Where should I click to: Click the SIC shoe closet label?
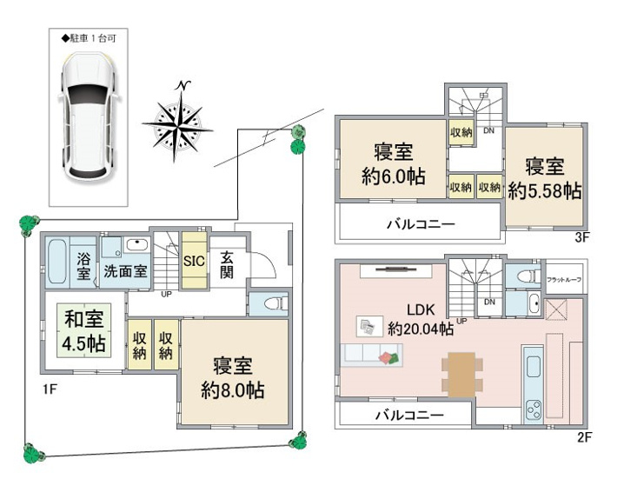[x=194, y=261]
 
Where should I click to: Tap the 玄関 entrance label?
[x=227, y=265]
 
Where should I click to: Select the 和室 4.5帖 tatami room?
[x=84, y=330]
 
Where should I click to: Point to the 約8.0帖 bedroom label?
[x=232, y=377]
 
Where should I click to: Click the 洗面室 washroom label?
[x=125, y=271]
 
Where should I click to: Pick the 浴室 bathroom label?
[x=83, y=266]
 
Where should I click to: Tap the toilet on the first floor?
[x=275, y=304]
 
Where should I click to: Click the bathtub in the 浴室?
[x=56, y=262]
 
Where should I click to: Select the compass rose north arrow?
[x=177, y=122]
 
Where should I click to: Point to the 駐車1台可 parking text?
[x=89, y=38]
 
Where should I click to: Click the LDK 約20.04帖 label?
[x=421, y=320]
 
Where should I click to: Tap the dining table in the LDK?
[x=461, y=374]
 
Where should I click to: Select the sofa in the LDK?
[x=372, y=356]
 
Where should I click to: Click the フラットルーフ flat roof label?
[x=564, y=279]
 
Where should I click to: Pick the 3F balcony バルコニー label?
[x=421, y=224]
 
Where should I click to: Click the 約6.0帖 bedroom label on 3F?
[x=393, y=164]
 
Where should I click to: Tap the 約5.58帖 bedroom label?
[x=544, y=179]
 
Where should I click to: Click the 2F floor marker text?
[x=584, y=437]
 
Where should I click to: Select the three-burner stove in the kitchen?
[x=534, y=409]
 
